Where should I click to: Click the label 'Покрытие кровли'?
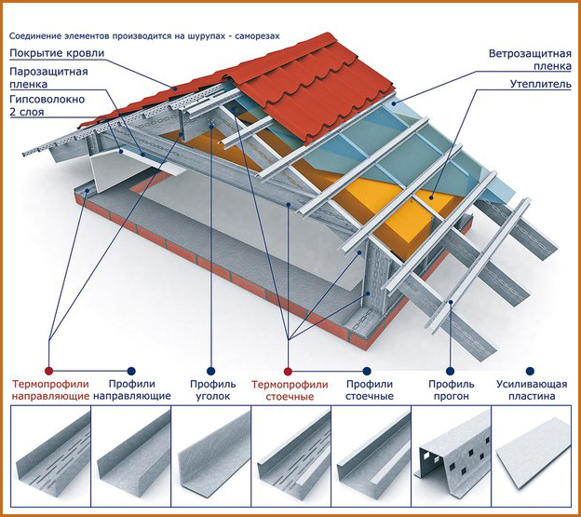[x=58, y=53]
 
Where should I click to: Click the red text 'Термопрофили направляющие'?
[x=51, y=389]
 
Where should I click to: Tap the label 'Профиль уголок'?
[x=211, y=389]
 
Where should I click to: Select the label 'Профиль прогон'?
[x=452, y=389]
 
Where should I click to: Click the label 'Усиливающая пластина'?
[x=528, y=389]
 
